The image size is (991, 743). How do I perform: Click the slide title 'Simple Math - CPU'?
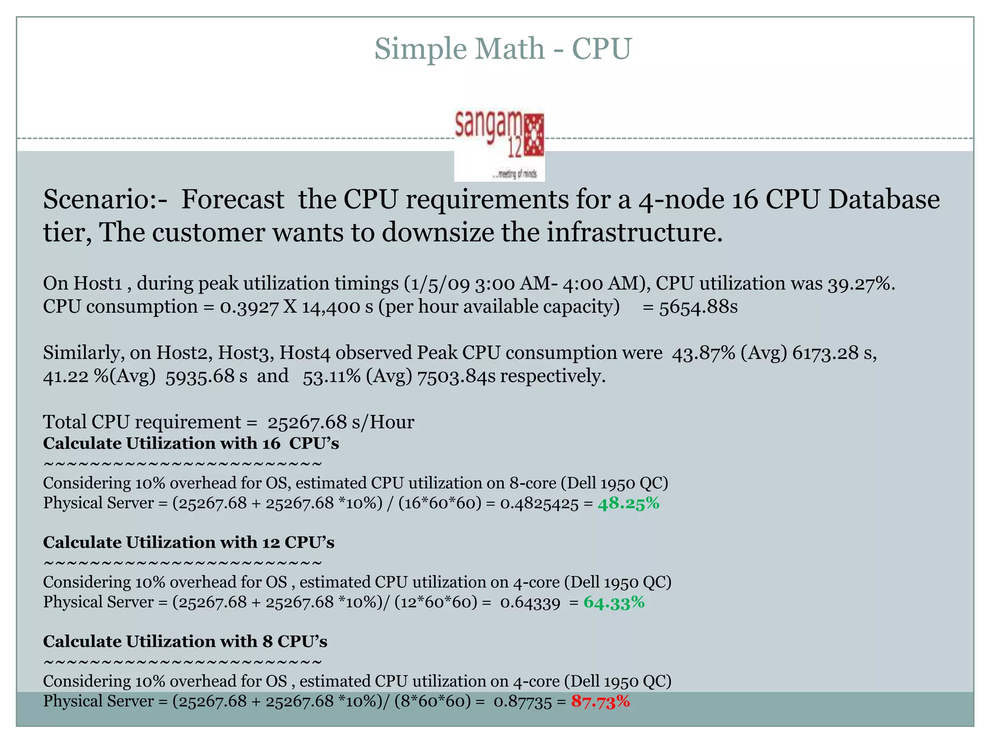[503, 49]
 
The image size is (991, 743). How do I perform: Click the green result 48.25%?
[628, 504]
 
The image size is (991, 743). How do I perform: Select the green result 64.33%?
[614, 603]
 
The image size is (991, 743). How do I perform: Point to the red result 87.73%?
[601, 701]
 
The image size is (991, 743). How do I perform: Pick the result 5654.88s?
[698, 307]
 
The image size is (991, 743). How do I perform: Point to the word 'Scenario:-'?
[105, 200]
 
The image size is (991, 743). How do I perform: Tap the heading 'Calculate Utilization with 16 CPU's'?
[191, 444]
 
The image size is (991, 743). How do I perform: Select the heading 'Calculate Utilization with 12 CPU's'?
[188, 543]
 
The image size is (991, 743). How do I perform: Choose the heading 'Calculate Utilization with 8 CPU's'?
[185, 642]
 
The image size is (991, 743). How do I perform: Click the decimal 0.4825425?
[539, 504]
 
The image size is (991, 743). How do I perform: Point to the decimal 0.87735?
[522, 702]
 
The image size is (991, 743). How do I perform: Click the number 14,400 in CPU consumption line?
[332, 307]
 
